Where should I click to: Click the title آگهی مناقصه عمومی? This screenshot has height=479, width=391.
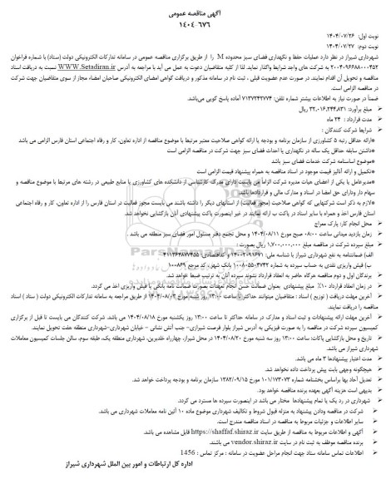pyautogui.click(x=195, y=7)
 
